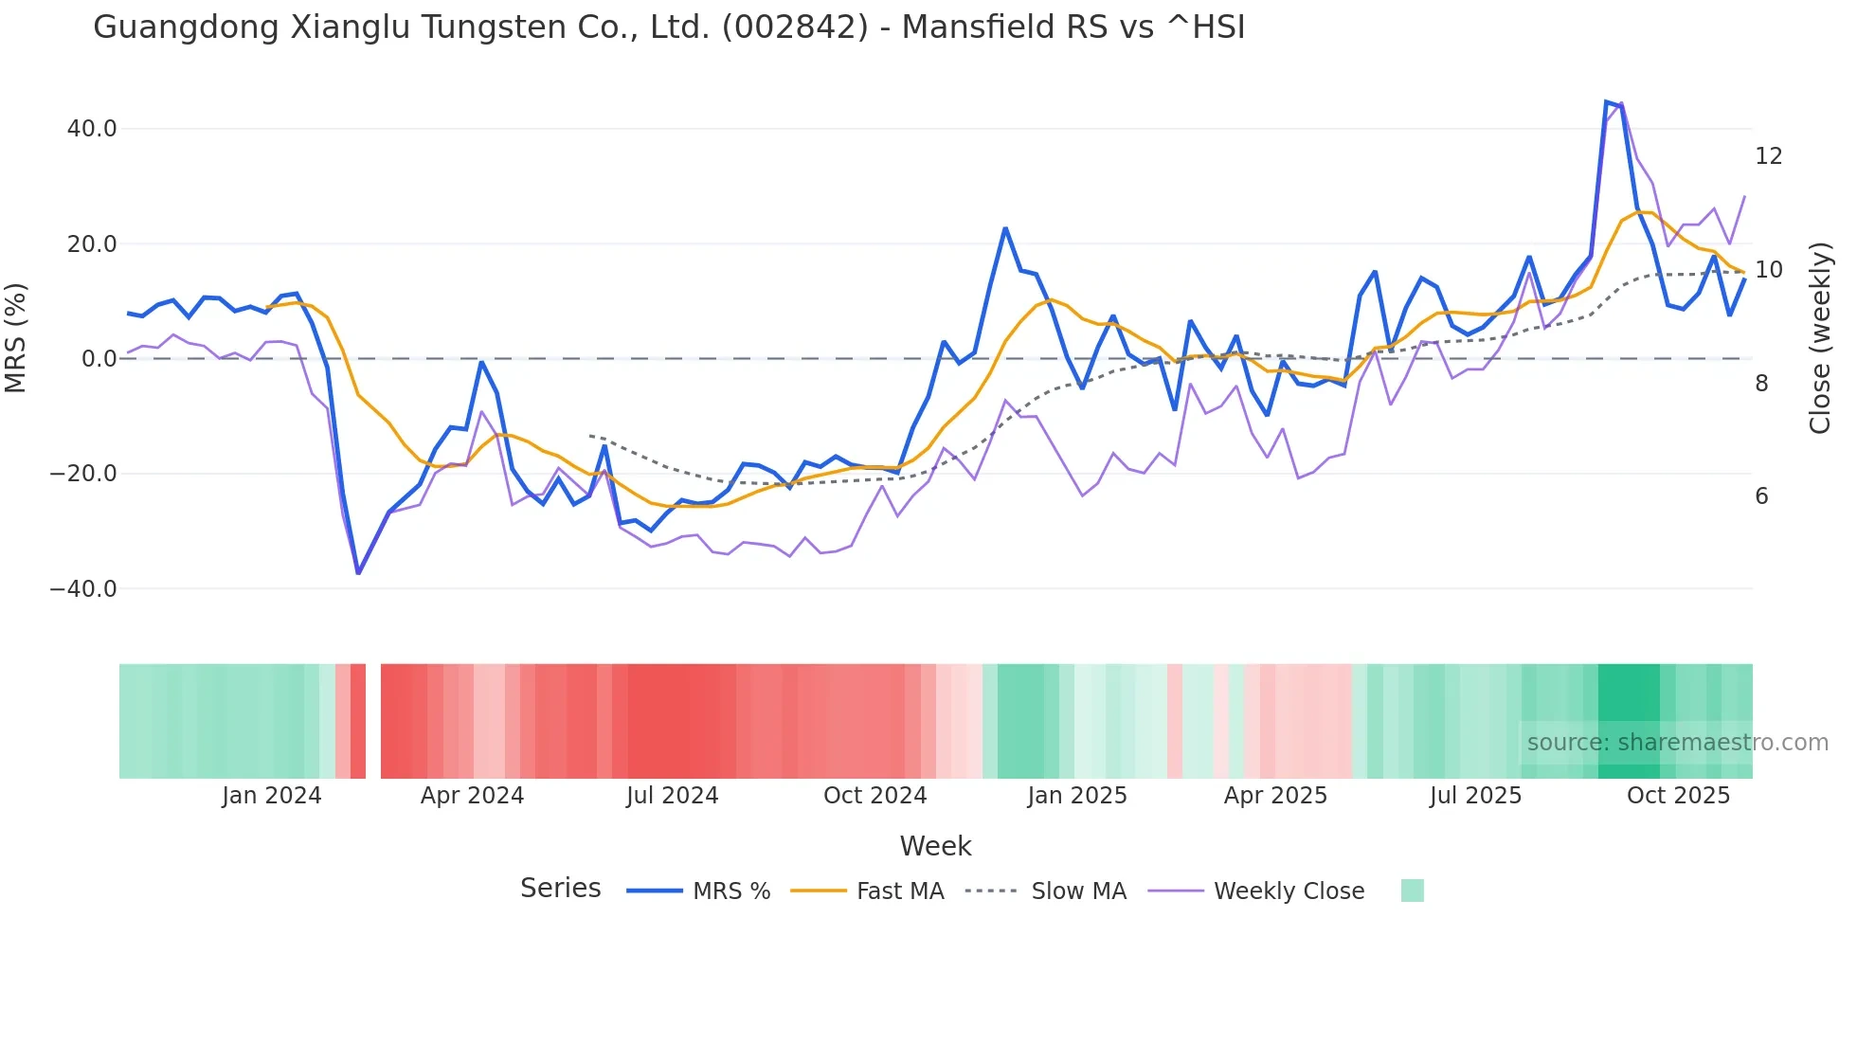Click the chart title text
click(669, 27)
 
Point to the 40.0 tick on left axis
click(92, 129)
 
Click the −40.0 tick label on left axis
click(83, 589)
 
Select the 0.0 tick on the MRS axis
click(99, 359)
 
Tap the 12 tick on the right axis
click(1768, 156)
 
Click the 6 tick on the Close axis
click(1761, 496)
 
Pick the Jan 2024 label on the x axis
click(272, 796)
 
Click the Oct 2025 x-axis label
click(1678, 796)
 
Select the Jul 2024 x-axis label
click(672, 796)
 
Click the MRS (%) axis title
click(16, 338)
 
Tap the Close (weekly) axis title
click(1819, 338)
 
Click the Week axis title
click(935, 846)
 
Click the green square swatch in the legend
click(1412, 891)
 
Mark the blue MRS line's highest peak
click(1606, 101)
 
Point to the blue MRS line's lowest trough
click(358, 573)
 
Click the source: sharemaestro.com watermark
click(1677, 743)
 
